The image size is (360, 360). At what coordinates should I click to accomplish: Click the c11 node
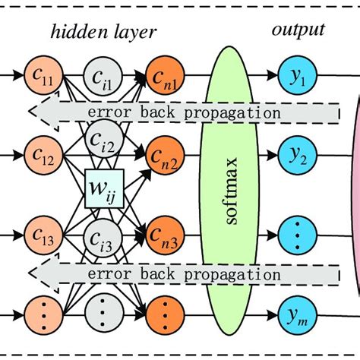click(43, 75)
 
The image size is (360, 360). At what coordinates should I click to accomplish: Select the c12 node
click(43, 155)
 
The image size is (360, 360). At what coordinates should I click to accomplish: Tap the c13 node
click(43, 235)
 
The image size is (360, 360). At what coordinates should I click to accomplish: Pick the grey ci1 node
click(103, 76)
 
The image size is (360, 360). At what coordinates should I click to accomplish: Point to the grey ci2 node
click(104, 139)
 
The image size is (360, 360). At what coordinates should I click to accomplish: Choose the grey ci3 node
click(103, 238)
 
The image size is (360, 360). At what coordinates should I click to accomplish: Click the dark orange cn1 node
click(165, 75)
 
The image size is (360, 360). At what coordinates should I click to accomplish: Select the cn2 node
click(165, 155)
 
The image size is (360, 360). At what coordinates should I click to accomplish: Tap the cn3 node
click(165, 235)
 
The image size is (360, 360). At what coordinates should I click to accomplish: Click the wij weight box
click(104, 188)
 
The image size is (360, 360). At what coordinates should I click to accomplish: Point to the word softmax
click(232, 191)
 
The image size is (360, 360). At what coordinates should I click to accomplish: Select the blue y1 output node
click(298, 75)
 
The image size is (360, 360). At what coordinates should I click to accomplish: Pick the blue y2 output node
click(298, 155)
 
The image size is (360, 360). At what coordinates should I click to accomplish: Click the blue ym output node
click(298, 315)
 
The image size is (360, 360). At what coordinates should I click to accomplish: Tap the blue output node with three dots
click(298, 235)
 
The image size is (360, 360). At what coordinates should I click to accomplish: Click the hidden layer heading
click(103, 32)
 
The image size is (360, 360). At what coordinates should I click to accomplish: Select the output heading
click(298, 30)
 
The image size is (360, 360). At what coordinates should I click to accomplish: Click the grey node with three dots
click(104, 313)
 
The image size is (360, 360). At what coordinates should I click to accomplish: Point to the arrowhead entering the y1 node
click(273, 75)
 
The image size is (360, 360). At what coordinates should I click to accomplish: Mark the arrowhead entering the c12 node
click(18, 155)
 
